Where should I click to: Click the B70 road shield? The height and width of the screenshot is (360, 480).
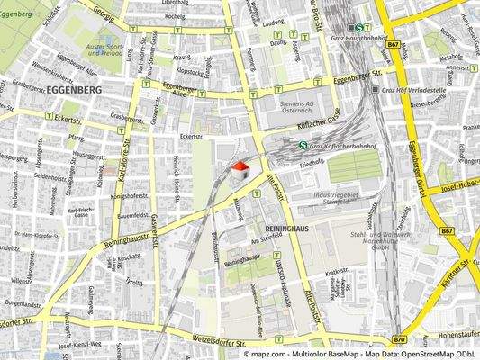tap(399, 339)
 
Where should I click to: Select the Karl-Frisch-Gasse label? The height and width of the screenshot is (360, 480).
tap(83, 214)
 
